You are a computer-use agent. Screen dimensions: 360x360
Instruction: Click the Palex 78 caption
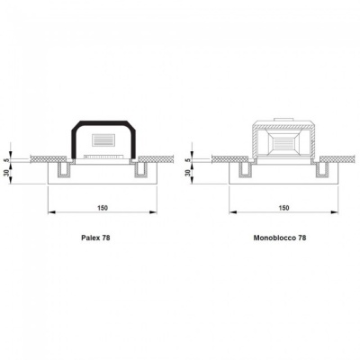pos(95,238)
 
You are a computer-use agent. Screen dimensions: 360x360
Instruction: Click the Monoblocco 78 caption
pos(280,238)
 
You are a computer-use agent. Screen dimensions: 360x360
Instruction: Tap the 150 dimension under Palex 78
pos(103,208)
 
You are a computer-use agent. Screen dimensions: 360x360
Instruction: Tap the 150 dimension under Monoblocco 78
pos(283,208)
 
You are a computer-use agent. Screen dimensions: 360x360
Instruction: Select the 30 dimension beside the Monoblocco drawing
pos(188,173)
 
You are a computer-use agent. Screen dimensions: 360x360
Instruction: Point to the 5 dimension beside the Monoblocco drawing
pos(188,160)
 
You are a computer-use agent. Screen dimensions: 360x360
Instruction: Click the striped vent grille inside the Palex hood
pos(103,139)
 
